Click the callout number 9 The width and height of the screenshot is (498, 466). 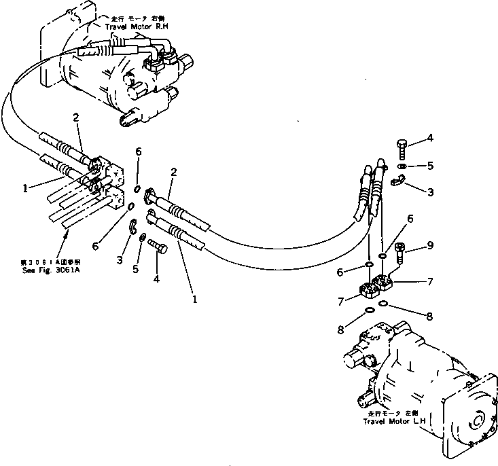(430, 245)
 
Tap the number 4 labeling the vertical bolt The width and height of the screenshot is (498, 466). (430, 139)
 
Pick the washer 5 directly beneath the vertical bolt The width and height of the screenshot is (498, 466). (402, 165)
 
